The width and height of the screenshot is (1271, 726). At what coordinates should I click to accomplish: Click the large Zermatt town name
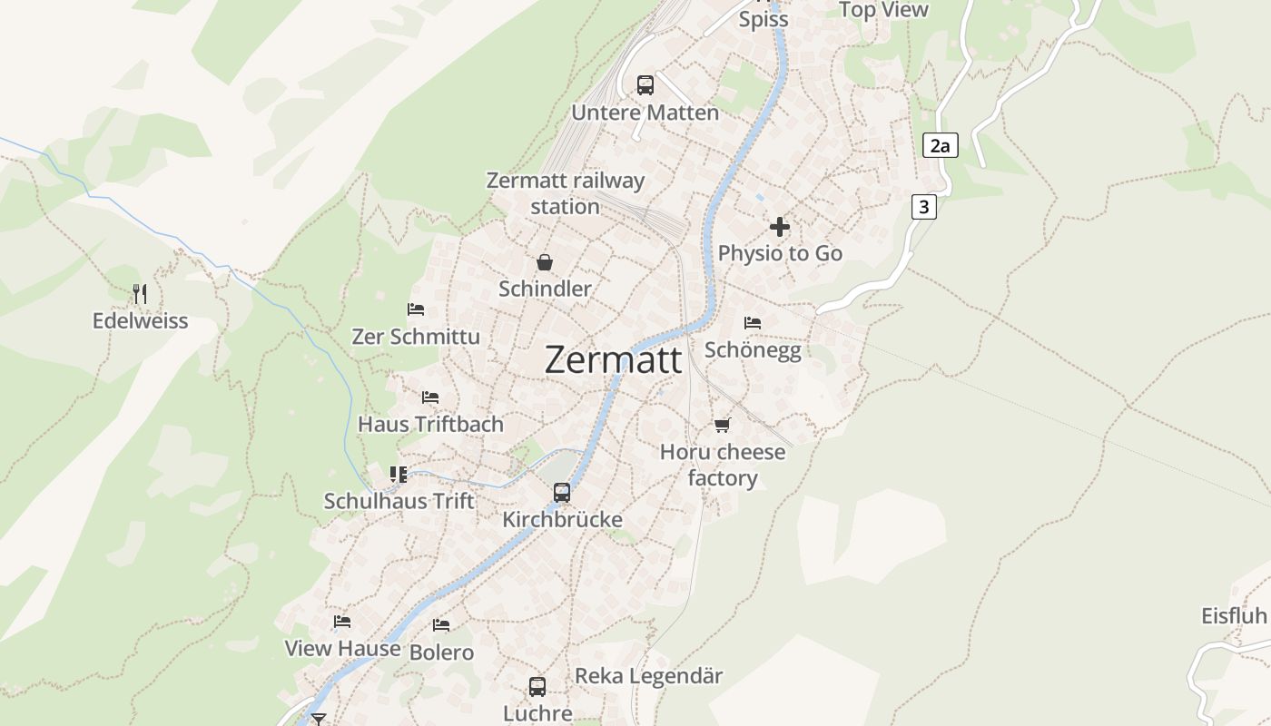tap(613, 360)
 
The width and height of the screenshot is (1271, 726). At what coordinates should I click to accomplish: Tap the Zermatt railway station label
tap(566, 193)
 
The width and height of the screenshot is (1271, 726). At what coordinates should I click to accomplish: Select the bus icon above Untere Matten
tap(645, 85)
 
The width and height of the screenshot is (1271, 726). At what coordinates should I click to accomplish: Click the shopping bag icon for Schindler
tap(544, 262)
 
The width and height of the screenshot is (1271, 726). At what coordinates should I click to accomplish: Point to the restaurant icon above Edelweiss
tap(140, 293)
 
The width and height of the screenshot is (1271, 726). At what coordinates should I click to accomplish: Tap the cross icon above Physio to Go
tap(780, 227)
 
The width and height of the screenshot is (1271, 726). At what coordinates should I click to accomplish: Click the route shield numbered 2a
tap(940, 145)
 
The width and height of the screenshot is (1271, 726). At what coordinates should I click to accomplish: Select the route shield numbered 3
tap(923, 207)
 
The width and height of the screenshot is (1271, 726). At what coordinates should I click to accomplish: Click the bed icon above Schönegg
tap(752, 322)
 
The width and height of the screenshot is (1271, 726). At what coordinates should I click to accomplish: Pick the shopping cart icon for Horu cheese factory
tap(722, 425)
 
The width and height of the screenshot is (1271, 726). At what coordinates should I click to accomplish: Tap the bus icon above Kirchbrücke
tap(562, 493)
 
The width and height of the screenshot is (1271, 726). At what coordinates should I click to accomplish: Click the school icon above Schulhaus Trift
tap(398, 474)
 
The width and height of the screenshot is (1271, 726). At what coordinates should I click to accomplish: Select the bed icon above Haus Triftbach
tap(429, 397)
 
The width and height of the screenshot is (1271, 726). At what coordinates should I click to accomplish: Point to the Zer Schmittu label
tap(416, 337)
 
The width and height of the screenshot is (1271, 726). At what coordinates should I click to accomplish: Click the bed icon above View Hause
tap(341, 622)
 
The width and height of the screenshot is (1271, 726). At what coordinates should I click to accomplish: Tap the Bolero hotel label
tap(441, 652)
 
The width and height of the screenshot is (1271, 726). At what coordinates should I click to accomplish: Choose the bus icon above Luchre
tap(537, 686)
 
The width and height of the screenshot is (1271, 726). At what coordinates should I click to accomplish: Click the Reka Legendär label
tap(649, 676)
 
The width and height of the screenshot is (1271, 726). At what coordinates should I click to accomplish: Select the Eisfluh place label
tap(1234, 616)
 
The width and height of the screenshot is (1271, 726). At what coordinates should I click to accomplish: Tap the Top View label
tap(883, 10)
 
